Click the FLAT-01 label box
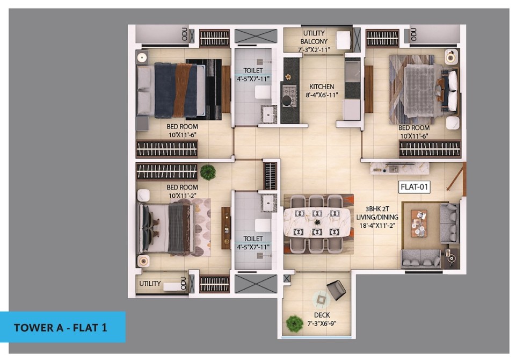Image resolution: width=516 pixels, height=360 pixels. pos(415,187)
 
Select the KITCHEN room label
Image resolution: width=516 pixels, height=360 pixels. pos(322,87)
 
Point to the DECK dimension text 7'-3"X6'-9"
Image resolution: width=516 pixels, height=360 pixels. pos(322,323)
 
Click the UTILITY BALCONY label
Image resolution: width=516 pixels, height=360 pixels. pos(314,37)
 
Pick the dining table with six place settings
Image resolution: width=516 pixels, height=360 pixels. pos(317,223)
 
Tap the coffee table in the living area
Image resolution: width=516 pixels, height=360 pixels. pos(419,224)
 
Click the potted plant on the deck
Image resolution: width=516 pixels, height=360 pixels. pos(294,323)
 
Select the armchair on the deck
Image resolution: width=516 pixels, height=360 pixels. pos(336,290)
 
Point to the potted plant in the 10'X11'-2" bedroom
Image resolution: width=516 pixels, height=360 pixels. pos(208,172)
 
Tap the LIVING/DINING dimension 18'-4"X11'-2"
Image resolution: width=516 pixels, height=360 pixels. pos(377,226)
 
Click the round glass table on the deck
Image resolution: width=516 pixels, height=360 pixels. pos(321,300)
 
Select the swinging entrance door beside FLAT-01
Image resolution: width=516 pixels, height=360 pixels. pos(457,177)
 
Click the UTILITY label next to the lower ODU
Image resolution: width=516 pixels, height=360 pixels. pos(150,283)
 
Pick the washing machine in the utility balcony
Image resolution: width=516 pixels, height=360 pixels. pos(343,40)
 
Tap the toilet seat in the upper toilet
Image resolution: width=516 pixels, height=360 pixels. pos(263,92)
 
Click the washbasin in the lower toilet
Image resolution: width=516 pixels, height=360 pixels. pos(268,202)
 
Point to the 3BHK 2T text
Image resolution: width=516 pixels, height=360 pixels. pos(377,209)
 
